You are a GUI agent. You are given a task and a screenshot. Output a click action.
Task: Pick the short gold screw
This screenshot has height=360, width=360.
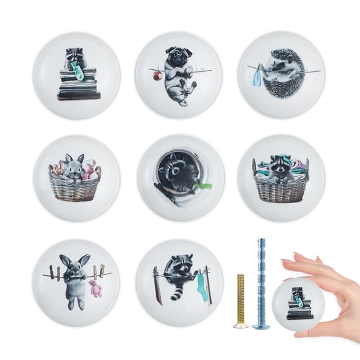coord(241,300)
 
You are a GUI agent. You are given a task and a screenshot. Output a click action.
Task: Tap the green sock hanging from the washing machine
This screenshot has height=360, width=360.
coord(203,186)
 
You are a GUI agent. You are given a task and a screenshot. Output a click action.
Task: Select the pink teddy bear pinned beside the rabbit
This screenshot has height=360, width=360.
coord(95,288)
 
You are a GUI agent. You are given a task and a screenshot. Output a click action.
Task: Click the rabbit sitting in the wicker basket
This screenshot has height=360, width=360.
coord(74,170)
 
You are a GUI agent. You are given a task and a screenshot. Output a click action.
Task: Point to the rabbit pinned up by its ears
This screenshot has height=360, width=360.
coord(74,278)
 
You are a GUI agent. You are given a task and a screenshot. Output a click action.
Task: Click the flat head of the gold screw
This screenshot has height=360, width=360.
coord(241,325)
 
